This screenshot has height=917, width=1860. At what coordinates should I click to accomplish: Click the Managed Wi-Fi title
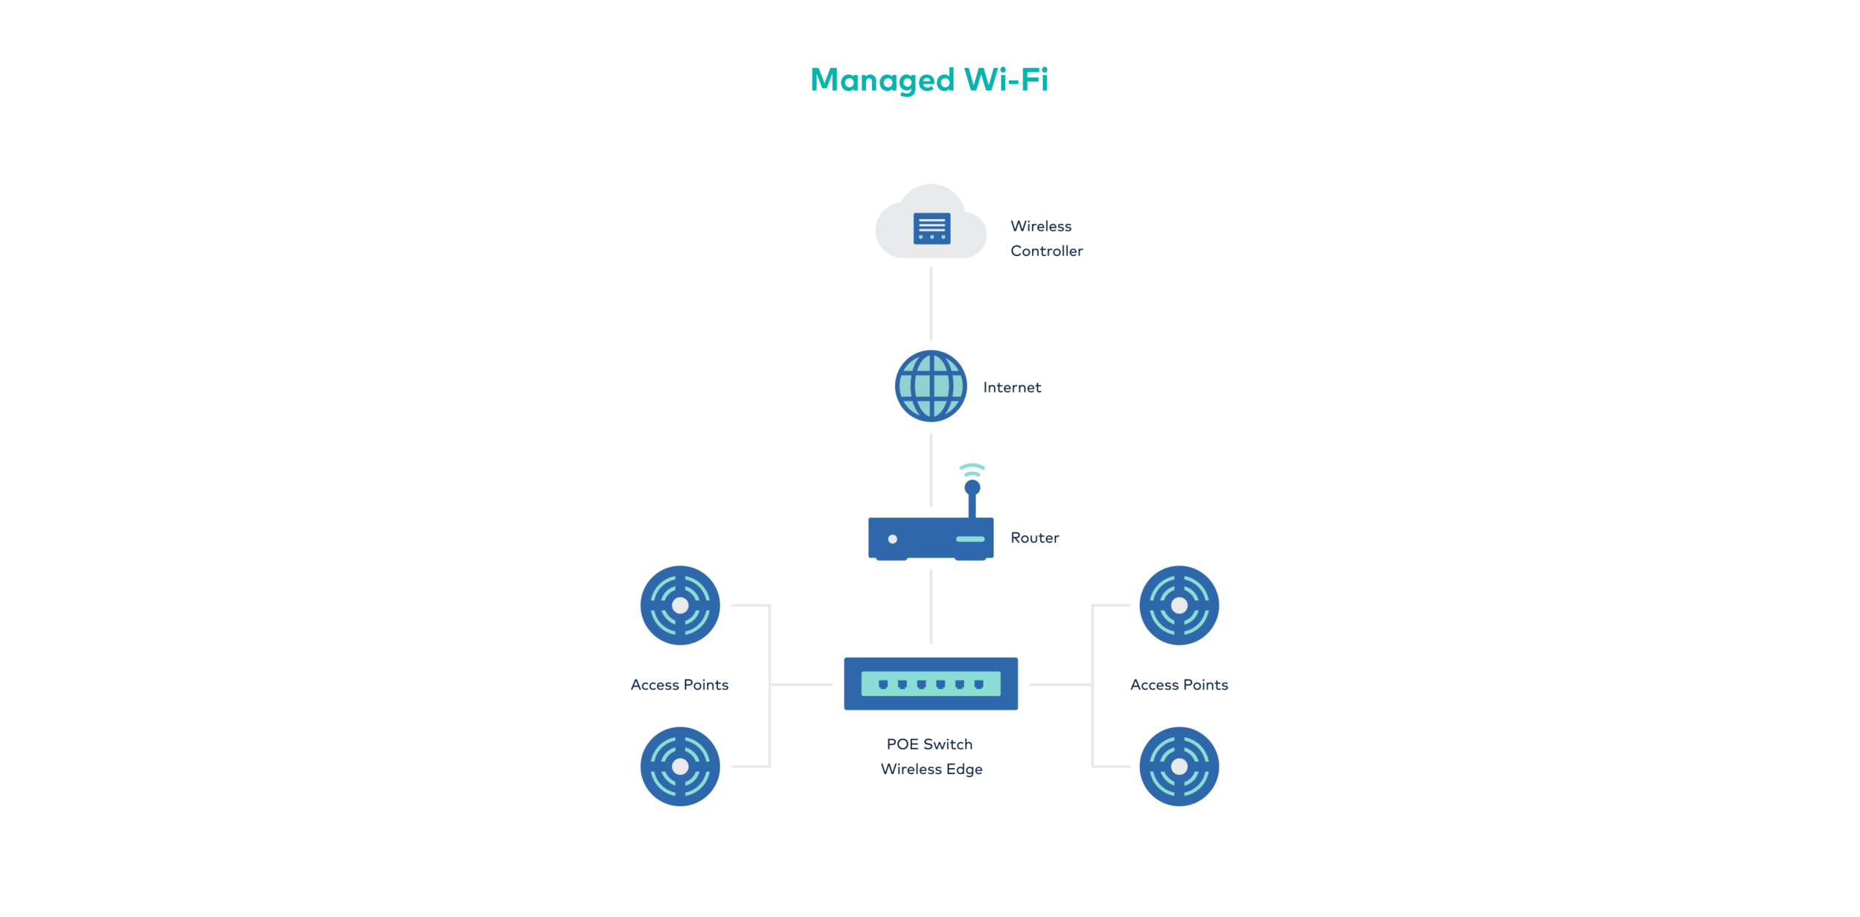(929, 80)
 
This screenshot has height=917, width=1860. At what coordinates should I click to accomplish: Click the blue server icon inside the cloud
(931, 229)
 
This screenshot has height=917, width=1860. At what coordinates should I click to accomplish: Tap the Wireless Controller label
(1045, 238)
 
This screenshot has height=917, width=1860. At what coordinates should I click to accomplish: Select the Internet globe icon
(931, 386)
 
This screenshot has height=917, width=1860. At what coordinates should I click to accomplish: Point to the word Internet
(1012, 387)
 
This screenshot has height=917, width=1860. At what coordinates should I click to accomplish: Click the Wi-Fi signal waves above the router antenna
(972, 470)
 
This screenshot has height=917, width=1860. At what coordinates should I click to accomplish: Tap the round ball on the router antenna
(972, 488)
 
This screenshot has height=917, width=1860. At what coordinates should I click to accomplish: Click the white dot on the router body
(892, 539)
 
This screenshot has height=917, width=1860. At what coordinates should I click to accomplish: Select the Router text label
(1034, 537)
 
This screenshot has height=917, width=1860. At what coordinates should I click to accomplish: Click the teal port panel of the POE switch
(930, 683)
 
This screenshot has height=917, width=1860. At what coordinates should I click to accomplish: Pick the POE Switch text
(929, 744)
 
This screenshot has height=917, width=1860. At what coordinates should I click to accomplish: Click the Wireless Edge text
(931, 769)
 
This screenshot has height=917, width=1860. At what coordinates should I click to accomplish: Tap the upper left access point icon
(680, 605)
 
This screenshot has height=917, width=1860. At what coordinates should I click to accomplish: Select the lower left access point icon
(680, 766)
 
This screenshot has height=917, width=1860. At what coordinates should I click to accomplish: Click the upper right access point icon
(1178, 605)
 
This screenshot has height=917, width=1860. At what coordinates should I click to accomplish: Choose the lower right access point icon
(1178, 766)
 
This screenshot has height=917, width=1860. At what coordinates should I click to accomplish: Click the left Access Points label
(679, 685)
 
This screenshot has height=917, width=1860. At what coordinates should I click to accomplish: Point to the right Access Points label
(1178, 685)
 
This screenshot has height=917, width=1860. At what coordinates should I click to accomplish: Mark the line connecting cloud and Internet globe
(931, 304)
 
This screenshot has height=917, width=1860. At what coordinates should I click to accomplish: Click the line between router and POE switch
(931, 607)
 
